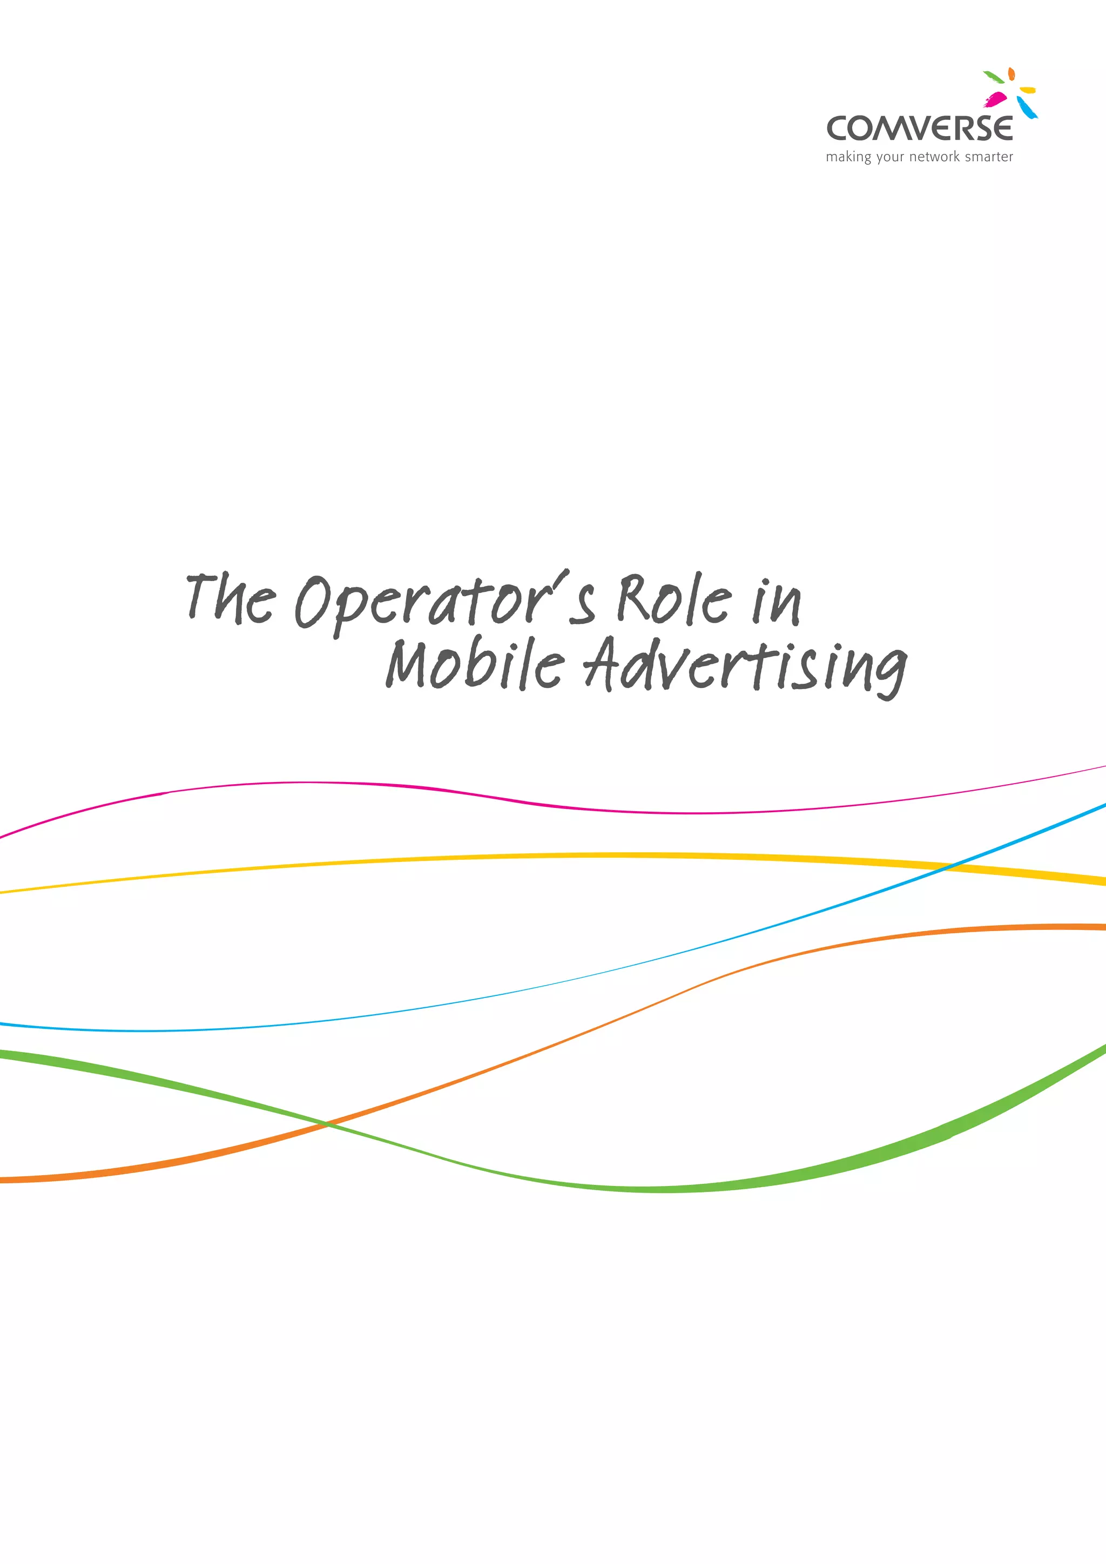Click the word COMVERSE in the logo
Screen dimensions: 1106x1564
tap(919, 128)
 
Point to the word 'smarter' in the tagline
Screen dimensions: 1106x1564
tap(989, 157)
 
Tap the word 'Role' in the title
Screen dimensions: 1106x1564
tap(674, 599)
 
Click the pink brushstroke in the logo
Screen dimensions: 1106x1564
tap(996, 99)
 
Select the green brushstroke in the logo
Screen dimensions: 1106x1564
tap(993, 76)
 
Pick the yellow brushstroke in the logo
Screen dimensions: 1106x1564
tap(1028, 90)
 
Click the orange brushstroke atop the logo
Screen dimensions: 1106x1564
tap(1012, 73)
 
